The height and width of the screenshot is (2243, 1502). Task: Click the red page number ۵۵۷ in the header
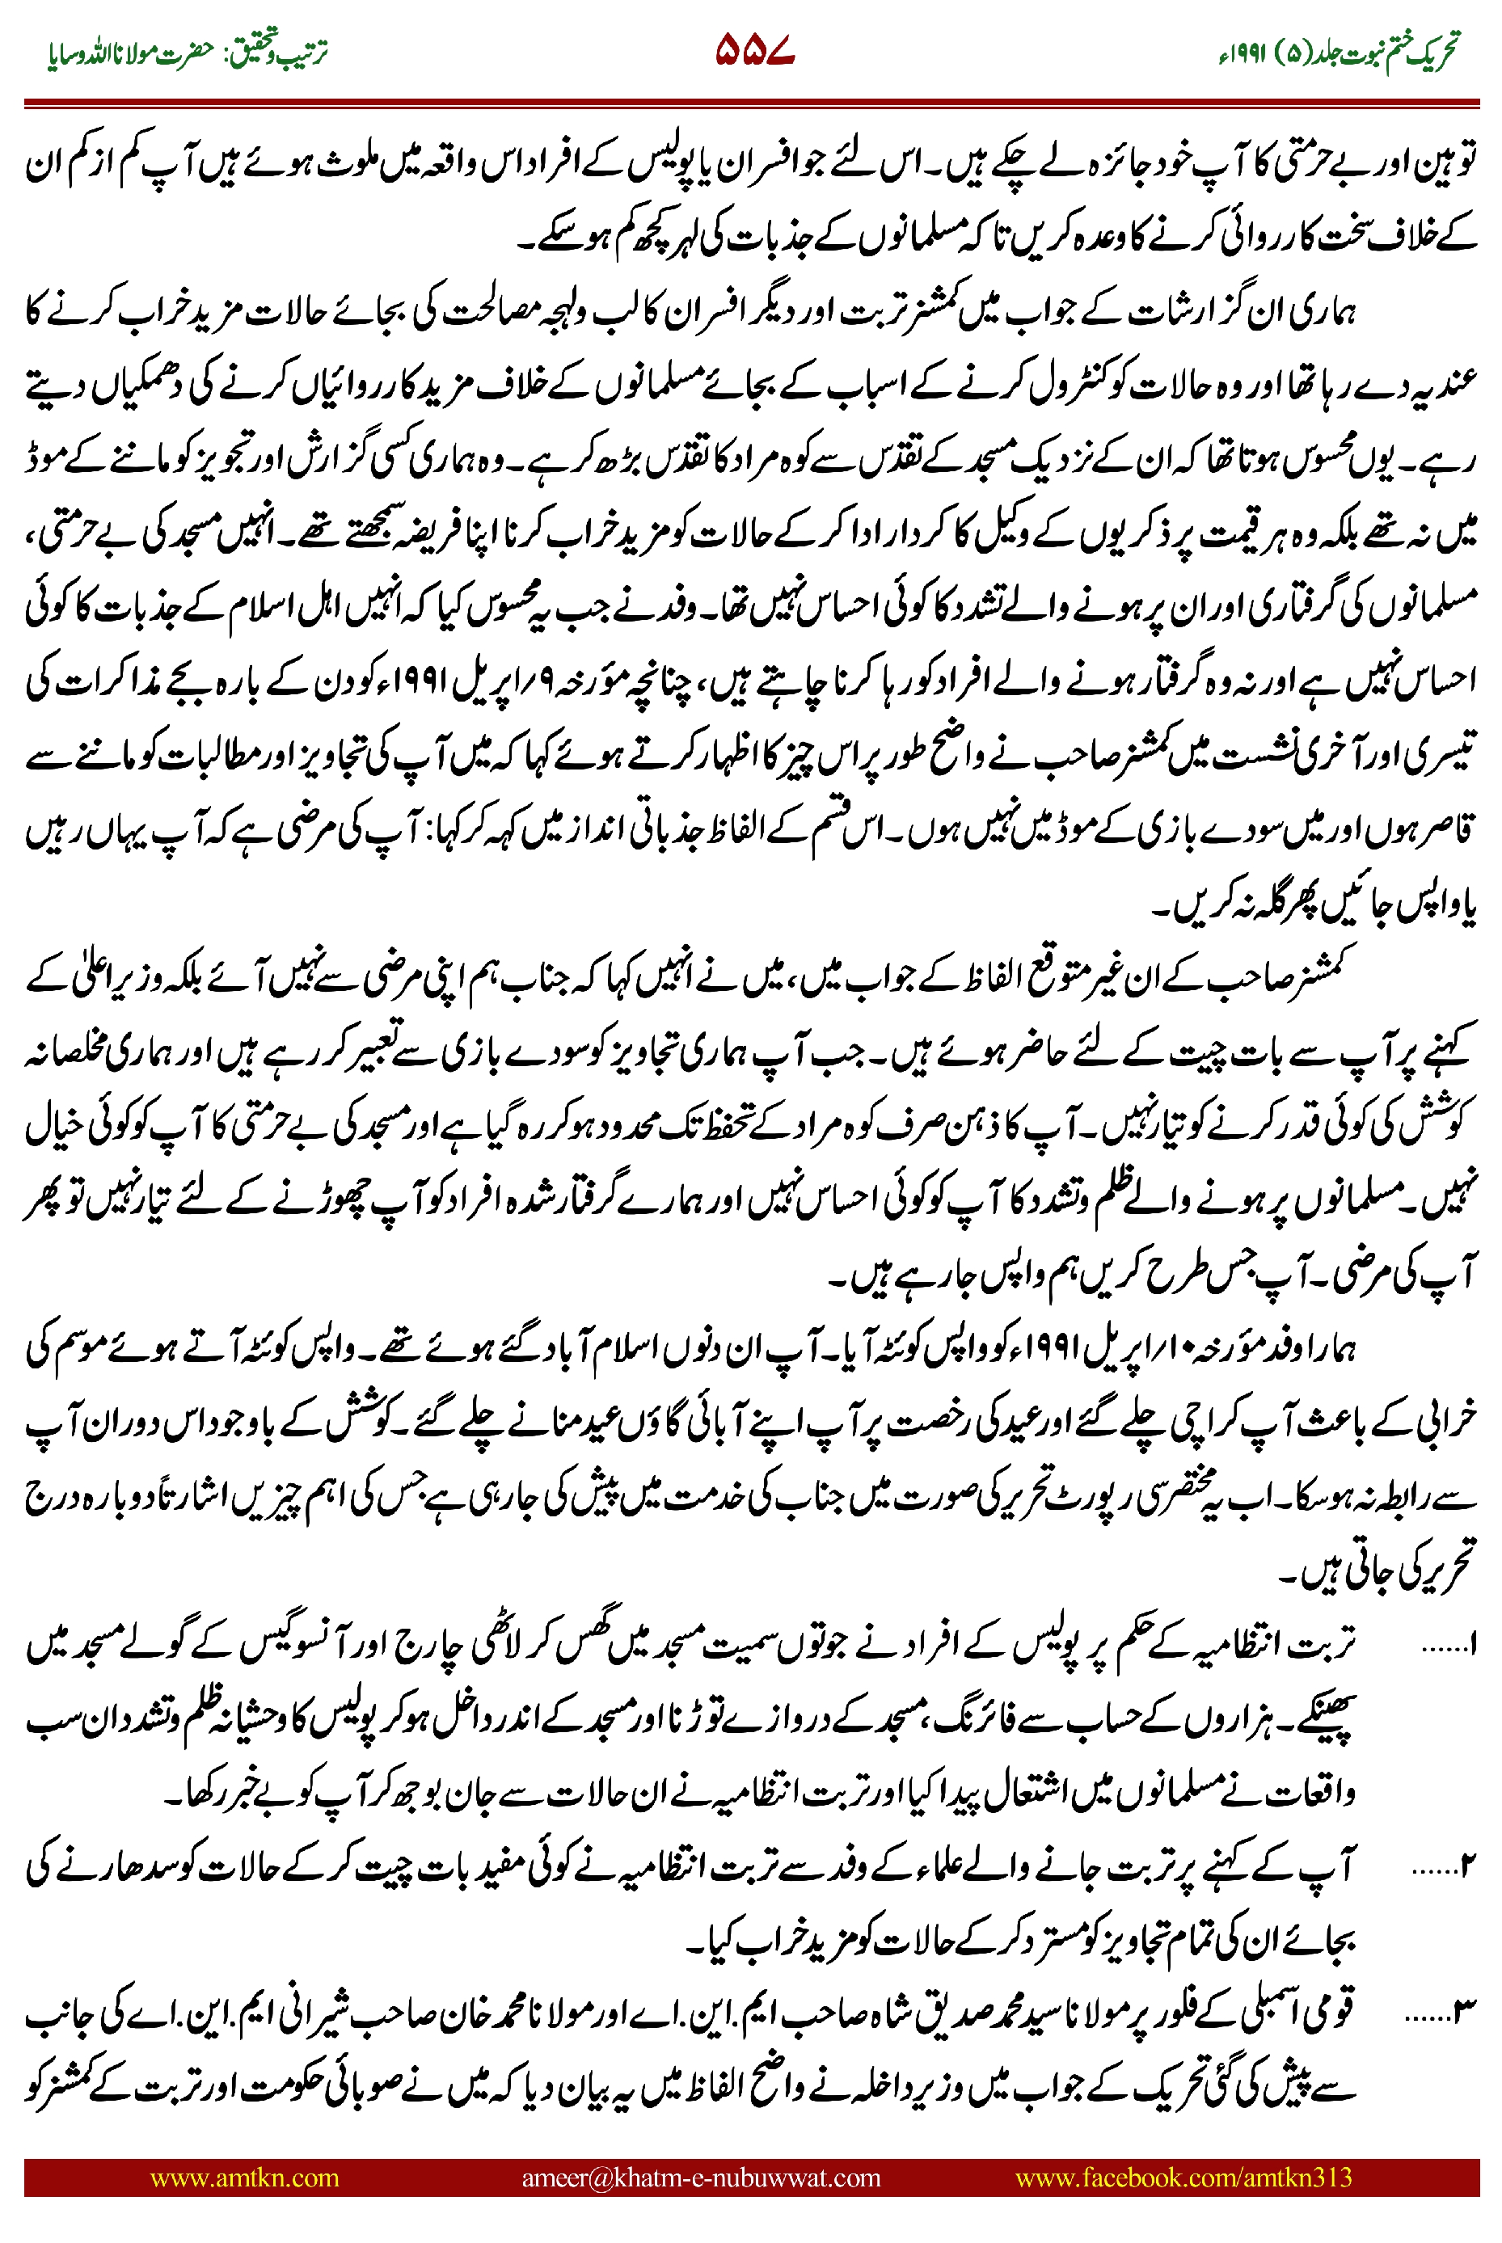(x=755, y=50)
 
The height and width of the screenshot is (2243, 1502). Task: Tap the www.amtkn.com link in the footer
(x=244, y=2177)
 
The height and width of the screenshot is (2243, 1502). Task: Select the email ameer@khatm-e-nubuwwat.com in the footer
(x=700, y=2177)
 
